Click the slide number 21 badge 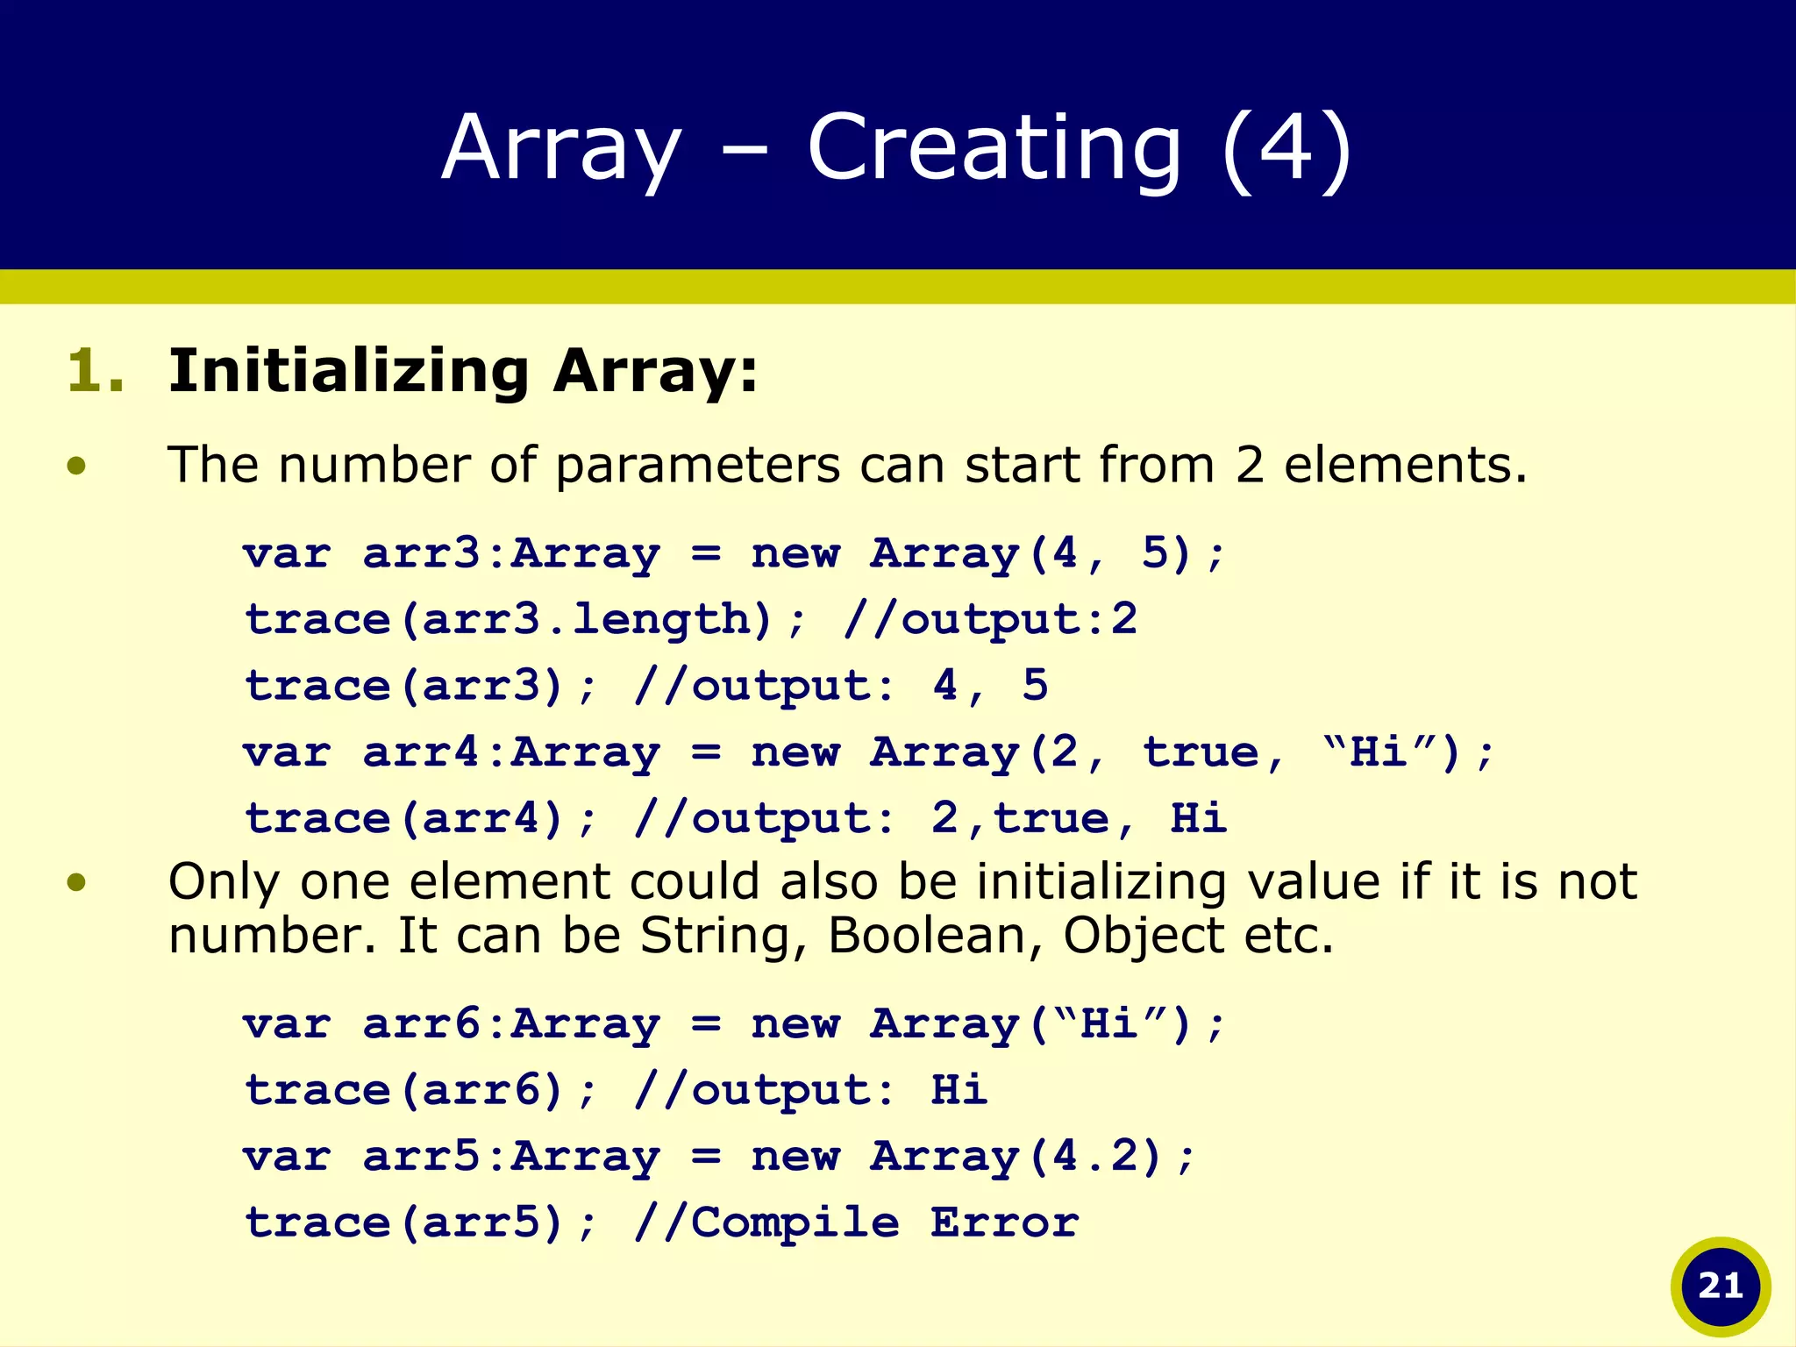(x=1720, y=1286)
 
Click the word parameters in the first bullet (x=697, y=464)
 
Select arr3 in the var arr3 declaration (x=421, y=553)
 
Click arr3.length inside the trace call (x=585, y=619)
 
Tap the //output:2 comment (x=990, y=619)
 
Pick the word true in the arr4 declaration (x=1201, y=752)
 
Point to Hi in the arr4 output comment (x=1198, y=818)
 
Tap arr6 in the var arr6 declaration (x=421, y=1023)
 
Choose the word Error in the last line (x=1004, y=1222)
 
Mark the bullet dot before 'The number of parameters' (x=77, y=465)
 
